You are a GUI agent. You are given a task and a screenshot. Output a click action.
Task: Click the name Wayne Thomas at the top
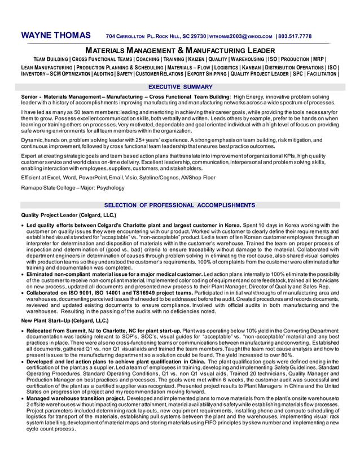(x=56, y=36)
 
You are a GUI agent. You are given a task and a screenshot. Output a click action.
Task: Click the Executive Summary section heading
(x=180, y=87)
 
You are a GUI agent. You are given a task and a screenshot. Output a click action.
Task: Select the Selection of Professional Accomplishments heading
(x=180, y=205)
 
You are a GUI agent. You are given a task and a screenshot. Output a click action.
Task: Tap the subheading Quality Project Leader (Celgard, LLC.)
(x=68, y=216)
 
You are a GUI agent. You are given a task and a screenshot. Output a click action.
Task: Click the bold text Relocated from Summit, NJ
(x=63, y=330)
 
